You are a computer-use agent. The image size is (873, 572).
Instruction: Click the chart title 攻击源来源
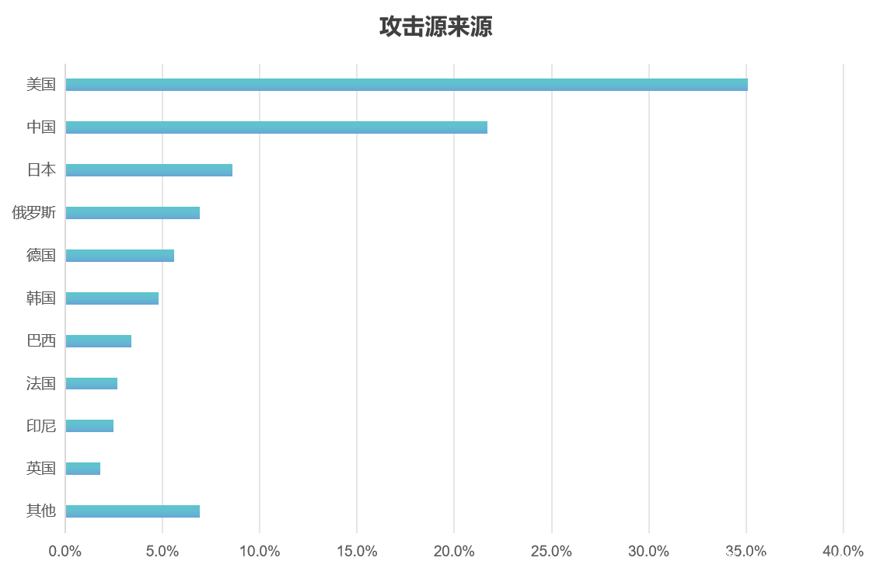pos(435,27)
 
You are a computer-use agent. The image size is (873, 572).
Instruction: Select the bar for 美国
pos(406,85)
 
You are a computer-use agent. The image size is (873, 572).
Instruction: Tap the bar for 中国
pos(276,127)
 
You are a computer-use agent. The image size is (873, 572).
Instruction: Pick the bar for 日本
pos(148,170)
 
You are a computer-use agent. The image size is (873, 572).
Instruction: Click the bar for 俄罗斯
pos(132,213)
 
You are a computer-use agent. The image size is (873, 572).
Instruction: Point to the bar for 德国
pos(120,256)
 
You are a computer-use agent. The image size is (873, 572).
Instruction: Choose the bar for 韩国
pos(112,298)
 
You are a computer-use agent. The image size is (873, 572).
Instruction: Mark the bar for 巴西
pos(98,341)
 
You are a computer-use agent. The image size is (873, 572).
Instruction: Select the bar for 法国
pos(91,383)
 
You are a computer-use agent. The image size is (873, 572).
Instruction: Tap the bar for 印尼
pos(89,426)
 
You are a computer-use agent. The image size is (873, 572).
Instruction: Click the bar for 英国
pos(82,469)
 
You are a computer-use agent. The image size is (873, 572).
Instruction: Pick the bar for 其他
pos(132,511)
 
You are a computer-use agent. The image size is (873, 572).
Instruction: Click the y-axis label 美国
pos(41,85)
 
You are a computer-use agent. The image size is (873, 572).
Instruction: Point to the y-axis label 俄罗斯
pos(33,213)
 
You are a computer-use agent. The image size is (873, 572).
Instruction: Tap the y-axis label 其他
pos(41,511)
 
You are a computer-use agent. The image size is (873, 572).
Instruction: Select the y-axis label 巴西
pos(41,341)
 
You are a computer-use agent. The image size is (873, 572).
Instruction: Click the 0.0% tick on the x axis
pos(65,552)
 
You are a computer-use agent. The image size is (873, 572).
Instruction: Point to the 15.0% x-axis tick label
pos(357,552)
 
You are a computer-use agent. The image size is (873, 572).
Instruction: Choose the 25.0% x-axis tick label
pos(552,552)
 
